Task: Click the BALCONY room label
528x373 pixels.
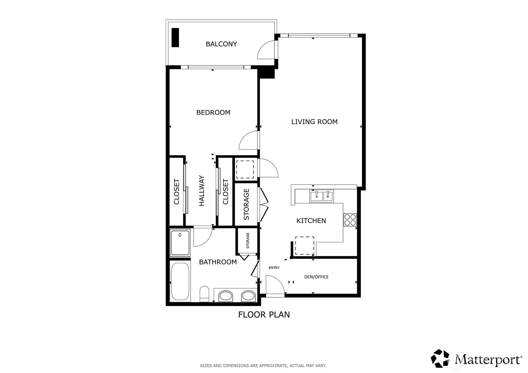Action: pyautogui.click(x=221, y=44)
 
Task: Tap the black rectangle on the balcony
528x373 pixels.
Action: pyautogui.click(x=175, y=37)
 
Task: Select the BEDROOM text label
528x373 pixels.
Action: pyautogui.click(x=213, y=112)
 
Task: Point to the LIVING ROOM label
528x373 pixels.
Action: pyautogui.click(x=314, y=122)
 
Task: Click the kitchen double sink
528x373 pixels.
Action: pyautogui.click(x=322, y=196)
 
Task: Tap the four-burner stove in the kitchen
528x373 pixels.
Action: pyautogui.click(x=350, y=220)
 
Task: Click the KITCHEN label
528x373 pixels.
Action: pyautogui.click(x=311, y=221)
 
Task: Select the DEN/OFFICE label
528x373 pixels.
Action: pyautogui.click(x=316, y=277)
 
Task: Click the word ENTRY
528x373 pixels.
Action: pyautogui.click(x=274, y=268)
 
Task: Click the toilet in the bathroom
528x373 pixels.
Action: pyautogui.click(x=204, y=294)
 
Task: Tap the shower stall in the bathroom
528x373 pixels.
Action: pyautogui.click(x=180, y=243)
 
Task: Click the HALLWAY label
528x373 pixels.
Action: pyautogui.click(x=202, y=190)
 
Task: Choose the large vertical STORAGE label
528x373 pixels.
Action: pyautogui.click(x=247, y=204)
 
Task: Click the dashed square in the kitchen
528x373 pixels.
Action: pyautogui.click(x=304, y=245)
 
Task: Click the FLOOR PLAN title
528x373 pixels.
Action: pyautogui.click(x=264, y=315)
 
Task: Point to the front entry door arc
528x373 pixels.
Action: pyautogui.click(x=275, y=285)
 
